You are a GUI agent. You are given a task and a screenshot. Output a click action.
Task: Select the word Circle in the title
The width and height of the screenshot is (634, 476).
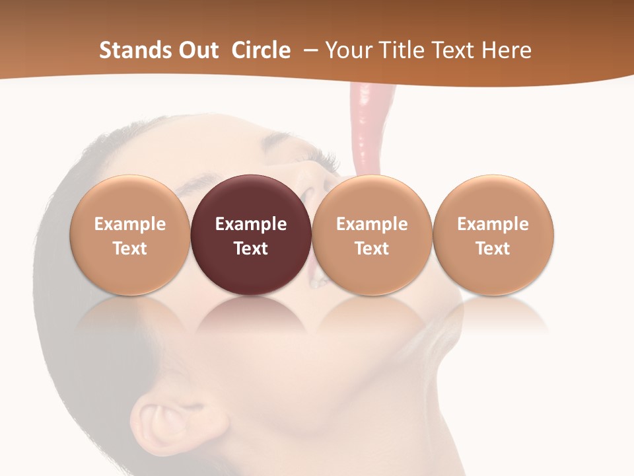pos(261,50)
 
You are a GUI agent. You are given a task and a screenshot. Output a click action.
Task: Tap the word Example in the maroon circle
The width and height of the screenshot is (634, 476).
pos(251,224)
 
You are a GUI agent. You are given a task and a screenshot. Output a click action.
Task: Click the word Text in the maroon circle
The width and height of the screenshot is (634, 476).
pos(251,249)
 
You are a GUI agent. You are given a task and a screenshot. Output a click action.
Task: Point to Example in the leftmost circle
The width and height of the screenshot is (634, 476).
pos(129,224)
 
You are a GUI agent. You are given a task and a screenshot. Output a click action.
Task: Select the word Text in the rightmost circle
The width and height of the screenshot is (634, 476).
pos(493,249)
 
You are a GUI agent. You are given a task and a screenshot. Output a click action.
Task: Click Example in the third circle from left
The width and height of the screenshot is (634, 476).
pos(372,224)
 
